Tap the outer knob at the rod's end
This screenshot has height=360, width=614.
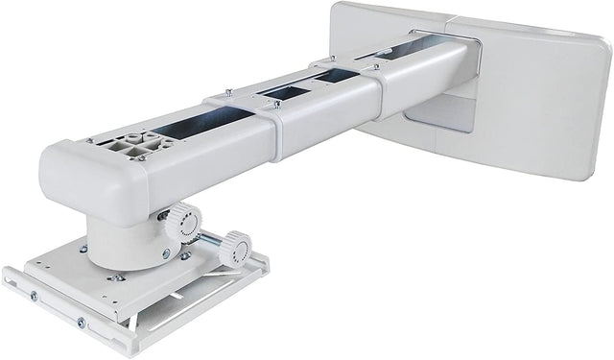[x=234, y=251]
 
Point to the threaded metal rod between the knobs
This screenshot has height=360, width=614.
[x=209, y=237]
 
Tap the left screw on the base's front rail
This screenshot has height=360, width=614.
[x=33, y=297]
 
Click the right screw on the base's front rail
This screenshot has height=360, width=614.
[x=81, y=323]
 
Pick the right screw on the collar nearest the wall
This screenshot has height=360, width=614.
[x=376, y=66]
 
